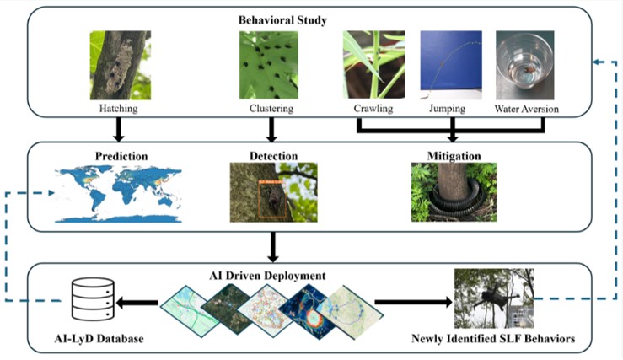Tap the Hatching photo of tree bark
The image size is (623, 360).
(x=119, y=65)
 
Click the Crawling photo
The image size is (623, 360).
(x=373, y=65)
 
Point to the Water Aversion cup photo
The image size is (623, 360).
(x=526, y=65)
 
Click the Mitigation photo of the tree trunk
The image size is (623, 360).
(x=454, y=193)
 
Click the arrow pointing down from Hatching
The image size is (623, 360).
(x=119, y=127)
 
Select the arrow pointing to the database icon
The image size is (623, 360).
(x=138, y=301)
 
